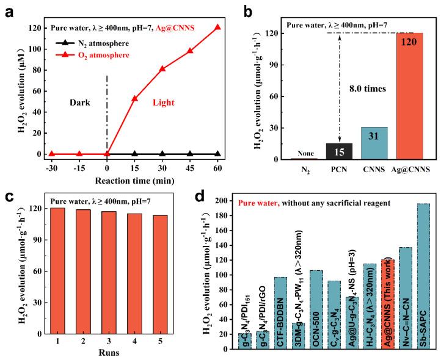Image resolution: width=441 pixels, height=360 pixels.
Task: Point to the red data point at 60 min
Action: (217, 28)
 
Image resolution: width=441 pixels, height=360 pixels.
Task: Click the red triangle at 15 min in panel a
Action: (134, 98)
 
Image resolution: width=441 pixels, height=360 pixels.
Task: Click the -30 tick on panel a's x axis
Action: (52, 168)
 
